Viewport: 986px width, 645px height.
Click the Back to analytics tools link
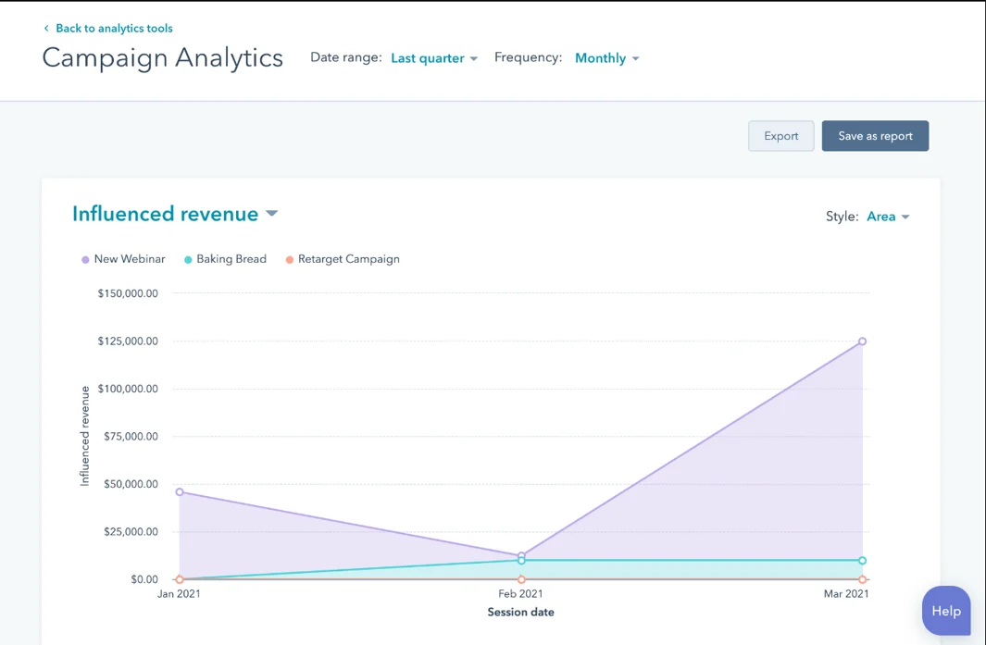113,29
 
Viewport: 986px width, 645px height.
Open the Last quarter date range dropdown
433,58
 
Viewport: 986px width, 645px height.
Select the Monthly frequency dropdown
606,58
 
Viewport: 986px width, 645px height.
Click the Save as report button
875,136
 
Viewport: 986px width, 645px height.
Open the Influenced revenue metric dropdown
175,214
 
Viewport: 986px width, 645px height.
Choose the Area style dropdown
888,217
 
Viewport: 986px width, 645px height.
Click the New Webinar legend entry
129,259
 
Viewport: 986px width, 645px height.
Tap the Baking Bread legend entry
231,259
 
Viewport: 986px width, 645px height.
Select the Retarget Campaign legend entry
347,259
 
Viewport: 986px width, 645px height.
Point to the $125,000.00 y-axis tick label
128,341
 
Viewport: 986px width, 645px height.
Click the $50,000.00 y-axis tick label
128,484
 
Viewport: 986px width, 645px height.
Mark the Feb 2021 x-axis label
520,594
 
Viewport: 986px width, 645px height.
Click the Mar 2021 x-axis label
846,594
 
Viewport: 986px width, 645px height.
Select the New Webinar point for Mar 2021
862,341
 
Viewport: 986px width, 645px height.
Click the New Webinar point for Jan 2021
180,492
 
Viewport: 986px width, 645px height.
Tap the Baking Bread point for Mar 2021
862,561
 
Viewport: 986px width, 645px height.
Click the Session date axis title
520,612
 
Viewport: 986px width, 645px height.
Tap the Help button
946,611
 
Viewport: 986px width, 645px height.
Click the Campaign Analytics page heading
163,58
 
